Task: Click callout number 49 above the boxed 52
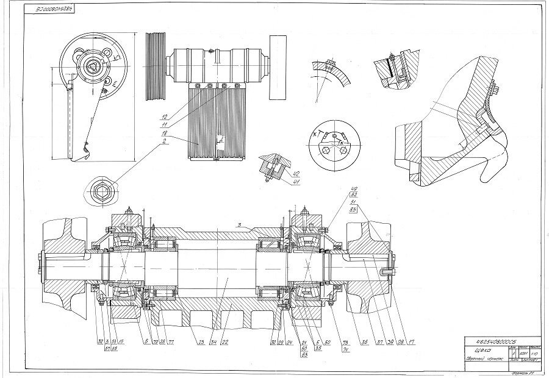coord(353,188)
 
